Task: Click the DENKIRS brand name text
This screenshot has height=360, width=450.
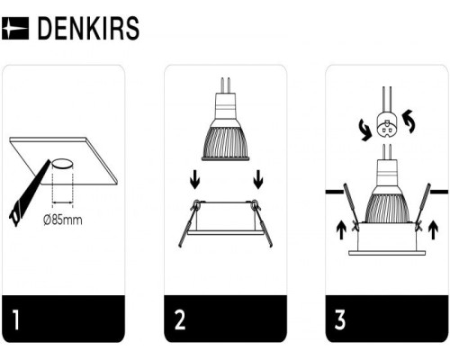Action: click(x=88, y=29)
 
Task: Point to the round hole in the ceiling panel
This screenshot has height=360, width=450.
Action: click(x=62, y=164)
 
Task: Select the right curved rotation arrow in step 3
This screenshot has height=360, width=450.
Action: click(x=410, y=119)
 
